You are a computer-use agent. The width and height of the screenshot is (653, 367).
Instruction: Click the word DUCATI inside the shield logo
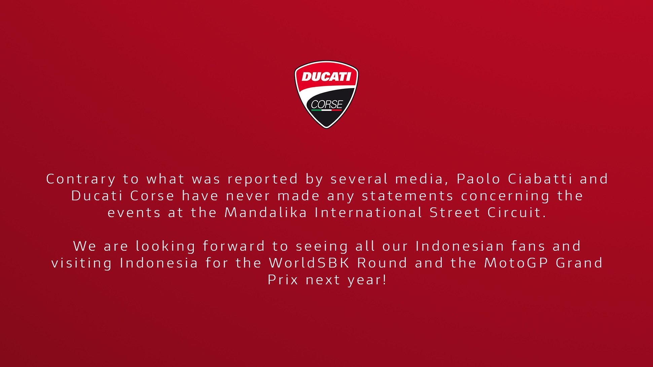click(x=326, y=77)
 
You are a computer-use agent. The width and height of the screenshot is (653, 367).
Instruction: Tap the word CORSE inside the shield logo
click(x=327, y=105)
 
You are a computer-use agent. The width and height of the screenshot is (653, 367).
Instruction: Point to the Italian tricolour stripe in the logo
click(x=326, y=110)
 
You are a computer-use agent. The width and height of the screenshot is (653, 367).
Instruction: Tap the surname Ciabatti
click(x=540, y=179)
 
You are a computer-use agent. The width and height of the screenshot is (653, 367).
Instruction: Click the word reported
click(x=263, y=179)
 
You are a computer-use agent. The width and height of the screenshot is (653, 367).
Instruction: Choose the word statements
click(x=407, y=196)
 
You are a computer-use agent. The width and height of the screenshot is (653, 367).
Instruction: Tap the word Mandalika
click(x=266, y=213)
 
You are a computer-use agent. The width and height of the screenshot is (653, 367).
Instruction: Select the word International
click(x=368, y=213)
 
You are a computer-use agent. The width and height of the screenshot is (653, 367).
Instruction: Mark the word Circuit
click(x=516, y=213)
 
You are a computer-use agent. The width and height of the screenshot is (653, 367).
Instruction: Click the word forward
click(x=234, y=246)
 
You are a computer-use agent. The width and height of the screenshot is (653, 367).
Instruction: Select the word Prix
click(x=283, y=280)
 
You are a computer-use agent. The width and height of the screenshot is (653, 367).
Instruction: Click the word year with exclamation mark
click(x=367, y=280)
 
